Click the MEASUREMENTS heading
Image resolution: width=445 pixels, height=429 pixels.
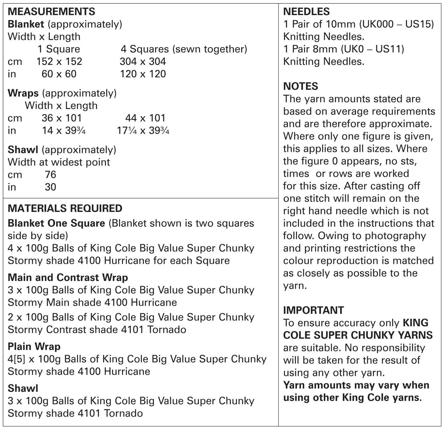click(x=51, y=12)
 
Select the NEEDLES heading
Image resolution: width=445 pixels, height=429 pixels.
click(x=306, y=12)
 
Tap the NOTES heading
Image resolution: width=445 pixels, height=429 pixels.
click(x=301, y=86)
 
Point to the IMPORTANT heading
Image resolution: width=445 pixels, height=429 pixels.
click(x=314, y=310)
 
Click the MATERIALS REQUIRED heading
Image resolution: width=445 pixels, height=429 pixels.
click(x=65, y=208)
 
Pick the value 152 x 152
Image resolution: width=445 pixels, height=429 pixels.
click(x=59, y=61)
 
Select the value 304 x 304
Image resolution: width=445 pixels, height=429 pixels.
click(x=143, y=61)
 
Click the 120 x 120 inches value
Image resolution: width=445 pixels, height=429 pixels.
click(x=143, y=74)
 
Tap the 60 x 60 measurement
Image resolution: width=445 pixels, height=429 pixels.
click(x=59, y=74)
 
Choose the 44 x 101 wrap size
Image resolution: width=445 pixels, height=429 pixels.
click(x=145, y=118)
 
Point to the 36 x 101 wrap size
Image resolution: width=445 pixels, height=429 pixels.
click(x=62, y=118)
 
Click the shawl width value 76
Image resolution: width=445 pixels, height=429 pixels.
click(x=51, y=175)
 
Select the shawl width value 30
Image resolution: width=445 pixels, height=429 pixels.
click(x=51, y=187)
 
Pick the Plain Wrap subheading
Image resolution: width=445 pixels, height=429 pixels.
click(x=34, y=346)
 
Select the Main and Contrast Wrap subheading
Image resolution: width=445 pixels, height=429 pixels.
click(x=68, y=277)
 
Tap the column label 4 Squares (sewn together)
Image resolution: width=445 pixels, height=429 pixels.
click(x=184, y=49)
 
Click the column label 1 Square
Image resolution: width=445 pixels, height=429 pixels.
click(x=59, y=49)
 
